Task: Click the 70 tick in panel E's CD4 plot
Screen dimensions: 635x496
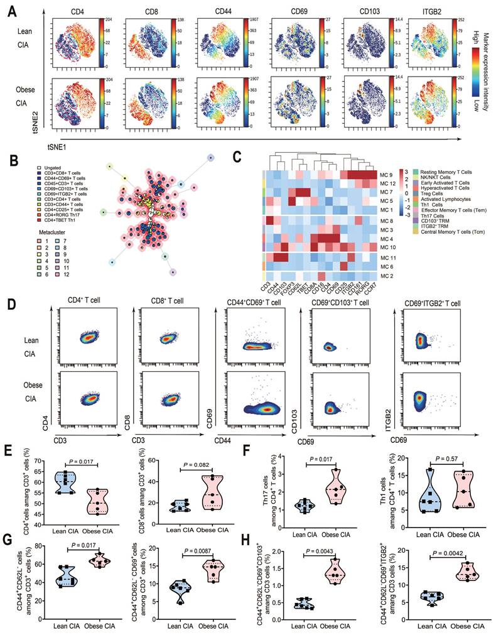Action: (x=41, y=460)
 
